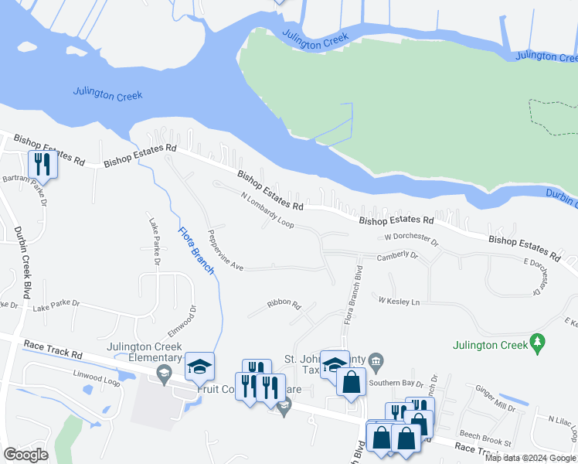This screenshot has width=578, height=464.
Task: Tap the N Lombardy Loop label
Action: [267, 210]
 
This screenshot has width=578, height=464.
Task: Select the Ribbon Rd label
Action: [284, 304]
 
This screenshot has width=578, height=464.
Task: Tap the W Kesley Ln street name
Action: [399, 299]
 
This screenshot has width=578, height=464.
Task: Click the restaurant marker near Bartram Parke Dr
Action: [42, 164]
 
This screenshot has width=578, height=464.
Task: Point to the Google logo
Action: [25, 455]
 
